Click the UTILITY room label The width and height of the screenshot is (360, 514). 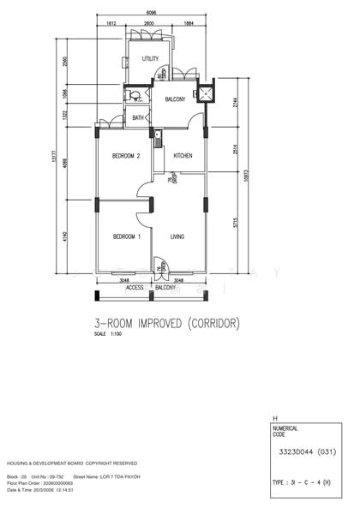click(x=151, y=59)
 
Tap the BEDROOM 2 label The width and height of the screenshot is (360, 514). click(x=126, y=156)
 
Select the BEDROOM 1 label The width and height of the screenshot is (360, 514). click(x=126, y=236)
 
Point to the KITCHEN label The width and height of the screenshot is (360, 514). click(x=183, y=156)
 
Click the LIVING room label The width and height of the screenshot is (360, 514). click(x=178, y=236)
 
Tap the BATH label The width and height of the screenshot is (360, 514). click(x=138, y=117)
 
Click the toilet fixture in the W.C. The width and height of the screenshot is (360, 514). click(x=133, y=96)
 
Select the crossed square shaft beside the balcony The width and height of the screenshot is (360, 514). click(x=207, y=93)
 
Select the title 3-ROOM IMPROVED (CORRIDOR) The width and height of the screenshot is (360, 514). click(x=179, y=324)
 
